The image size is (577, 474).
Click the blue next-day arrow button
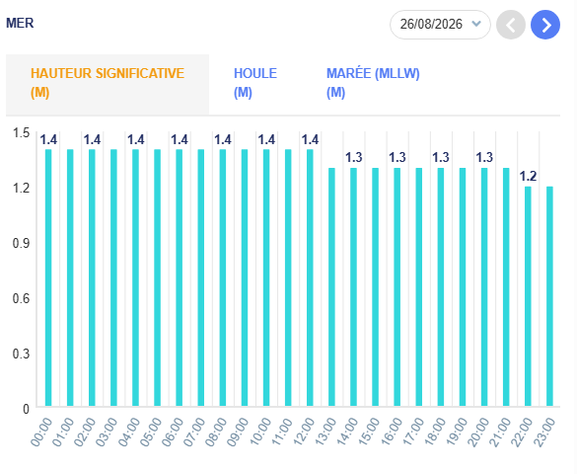[x=545, y=25]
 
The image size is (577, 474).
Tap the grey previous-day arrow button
[x=511, y=25]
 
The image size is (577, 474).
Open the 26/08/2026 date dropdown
[x=440, y=25]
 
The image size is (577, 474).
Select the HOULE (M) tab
[x=255, y=83]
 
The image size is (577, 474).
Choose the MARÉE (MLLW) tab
[x=373, y=83]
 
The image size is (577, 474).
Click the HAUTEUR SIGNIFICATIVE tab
[x=108, y=84]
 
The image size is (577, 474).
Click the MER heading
[x=20, y=23]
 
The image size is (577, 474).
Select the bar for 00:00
[x=48, y=277]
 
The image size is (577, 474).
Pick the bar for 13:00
[x=331, y=287]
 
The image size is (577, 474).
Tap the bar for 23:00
[x=549, y=296]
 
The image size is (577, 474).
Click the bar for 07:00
[x=201, y=277]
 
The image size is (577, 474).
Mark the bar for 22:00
[x=528, y=296]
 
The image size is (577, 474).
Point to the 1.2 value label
[x=528, y=176]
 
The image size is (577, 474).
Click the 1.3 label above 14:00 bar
[x=354, y=158]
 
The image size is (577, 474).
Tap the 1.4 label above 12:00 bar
[x=310, y=139]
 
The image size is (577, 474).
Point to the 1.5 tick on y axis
[x=21, y=132]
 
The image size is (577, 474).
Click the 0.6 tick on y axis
[x=21, y=298]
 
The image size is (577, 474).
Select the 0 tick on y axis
[x=26, y=409]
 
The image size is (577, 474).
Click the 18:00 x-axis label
[x=435, y=432]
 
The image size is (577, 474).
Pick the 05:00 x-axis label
[x=151, y=432]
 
